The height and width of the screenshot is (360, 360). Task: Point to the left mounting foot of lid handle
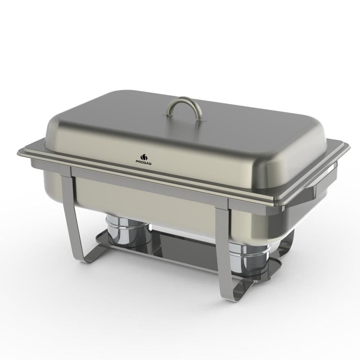pos(166,113)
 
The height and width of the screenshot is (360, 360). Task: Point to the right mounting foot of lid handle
pos(201,120)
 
